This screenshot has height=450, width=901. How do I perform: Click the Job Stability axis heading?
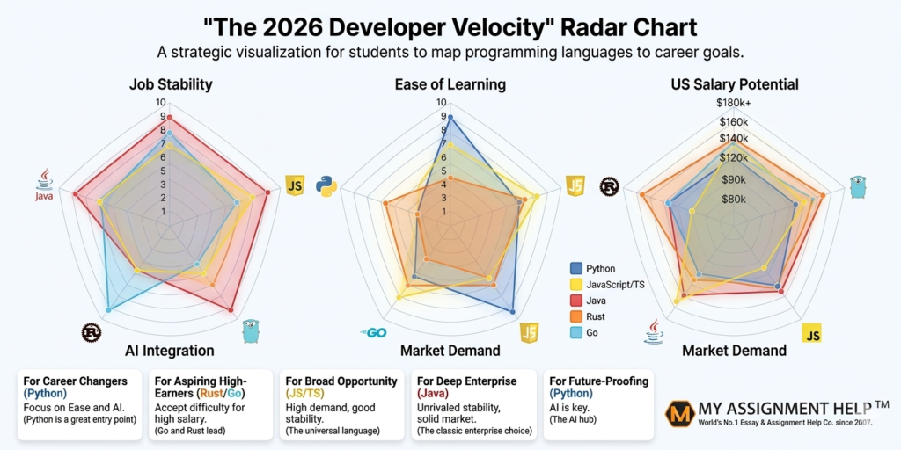(171, 84)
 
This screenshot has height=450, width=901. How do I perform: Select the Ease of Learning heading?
(450, 84)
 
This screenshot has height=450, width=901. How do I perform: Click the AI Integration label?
(169, 351)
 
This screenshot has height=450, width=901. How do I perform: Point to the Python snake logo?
(326, 186)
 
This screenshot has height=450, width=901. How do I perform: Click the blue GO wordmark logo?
(374, 333)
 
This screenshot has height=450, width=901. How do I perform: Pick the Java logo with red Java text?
(44, 185)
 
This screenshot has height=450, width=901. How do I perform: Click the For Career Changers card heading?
(75, 381)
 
